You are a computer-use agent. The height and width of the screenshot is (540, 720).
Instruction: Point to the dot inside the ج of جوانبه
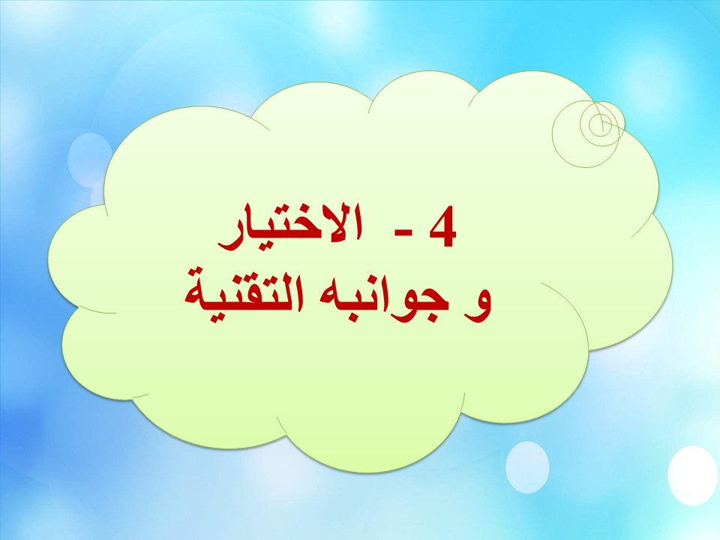coord(427,310)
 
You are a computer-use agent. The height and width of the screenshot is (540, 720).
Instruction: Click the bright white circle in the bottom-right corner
coord(692,475)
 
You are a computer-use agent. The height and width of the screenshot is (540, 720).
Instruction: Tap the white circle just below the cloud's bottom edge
coord(527,466)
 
